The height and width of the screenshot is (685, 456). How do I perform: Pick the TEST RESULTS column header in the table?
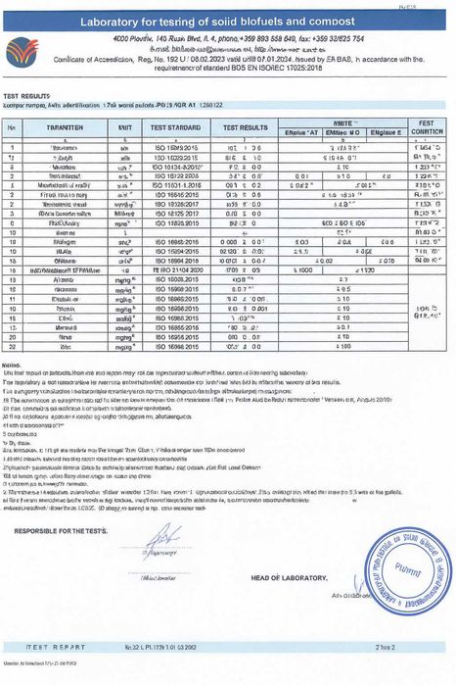click(245, 128)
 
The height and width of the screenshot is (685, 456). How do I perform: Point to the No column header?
click(12, 128)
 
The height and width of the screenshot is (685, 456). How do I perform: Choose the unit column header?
click(125, 128)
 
